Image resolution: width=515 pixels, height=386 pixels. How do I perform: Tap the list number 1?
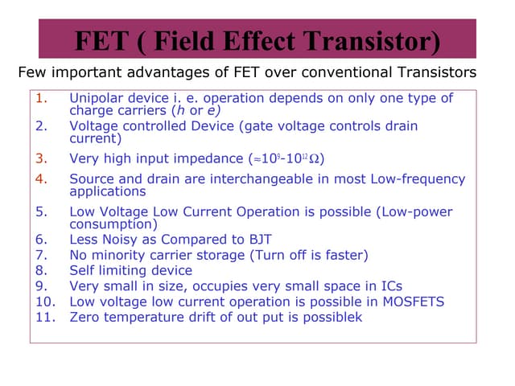click(x=42, y=98)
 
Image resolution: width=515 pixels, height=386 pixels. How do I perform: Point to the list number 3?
click(x=42, y=158)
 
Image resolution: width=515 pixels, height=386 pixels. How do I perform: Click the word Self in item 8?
click(x=83, y=270)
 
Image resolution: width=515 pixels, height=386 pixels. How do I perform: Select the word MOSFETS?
click(x=409, y=302)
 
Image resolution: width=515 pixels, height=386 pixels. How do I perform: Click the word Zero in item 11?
click(x=85, y=317)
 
